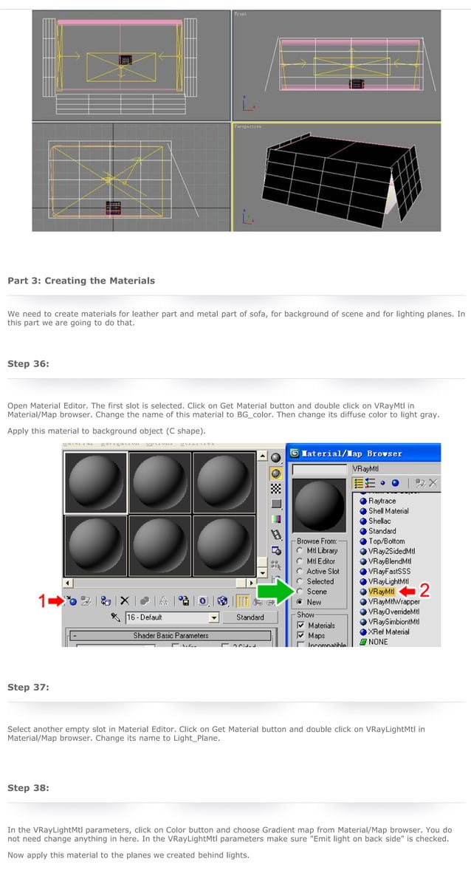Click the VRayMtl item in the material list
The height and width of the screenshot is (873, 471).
click(382, 592)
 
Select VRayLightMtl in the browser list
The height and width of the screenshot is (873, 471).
click(388, 581)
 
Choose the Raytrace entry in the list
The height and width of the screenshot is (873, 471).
click(382, 501)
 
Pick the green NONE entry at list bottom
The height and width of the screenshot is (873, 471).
click(377, 642)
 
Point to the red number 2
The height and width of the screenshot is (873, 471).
click(424, 591)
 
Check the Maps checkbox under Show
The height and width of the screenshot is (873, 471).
click(300, 635)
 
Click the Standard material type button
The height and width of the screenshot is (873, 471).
click(250, 617)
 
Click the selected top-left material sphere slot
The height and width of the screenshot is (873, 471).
click(95, 482)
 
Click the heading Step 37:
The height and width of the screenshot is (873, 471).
click(28, 687)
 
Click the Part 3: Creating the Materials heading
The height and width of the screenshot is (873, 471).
click(81, 281)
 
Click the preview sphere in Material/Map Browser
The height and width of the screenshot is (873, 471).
click(319, 501)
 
